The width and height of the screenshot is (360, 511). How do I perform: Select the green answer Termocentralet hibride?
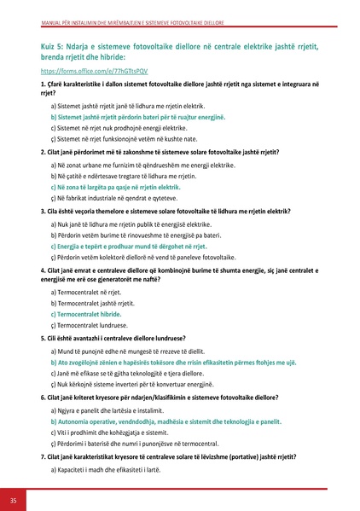(x=93, y=314)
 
